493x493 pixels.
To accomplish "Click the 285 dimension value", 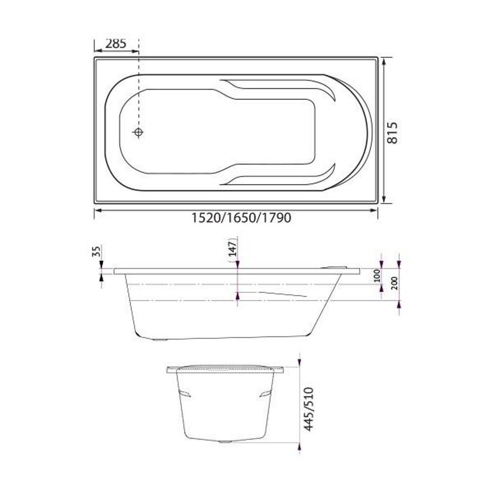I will pyautogui.click(x=115, y=44).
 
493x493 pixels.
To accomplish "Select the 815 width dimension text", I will pyautogui.click(x=393, y=132).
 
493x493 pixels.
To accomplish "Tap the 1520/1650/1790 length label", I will pyautogui.click(x=241, y=218).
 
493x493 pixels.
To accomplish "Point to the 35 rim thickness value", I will pyautogui.click(x=96, y=252).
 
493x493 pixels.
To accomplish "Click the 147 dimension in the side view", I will pyautogui.click(x=233, y=249).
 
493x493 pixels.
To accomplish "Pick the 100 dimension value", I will pyautogui.click(x=377, y=276).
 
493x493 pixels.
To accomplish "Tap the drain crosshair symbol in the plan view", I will pyautogui.click(x=138, y=132).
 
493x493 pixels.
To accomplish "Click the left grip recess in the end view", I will pyautogui.click(x=184, y=393).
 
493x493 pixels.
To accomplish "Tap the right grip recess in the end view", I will pyautogui.click(x=265, y=393).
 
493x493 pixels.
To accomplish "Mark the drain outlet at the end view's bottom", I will pyautogui.click(x=225, y=442).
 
